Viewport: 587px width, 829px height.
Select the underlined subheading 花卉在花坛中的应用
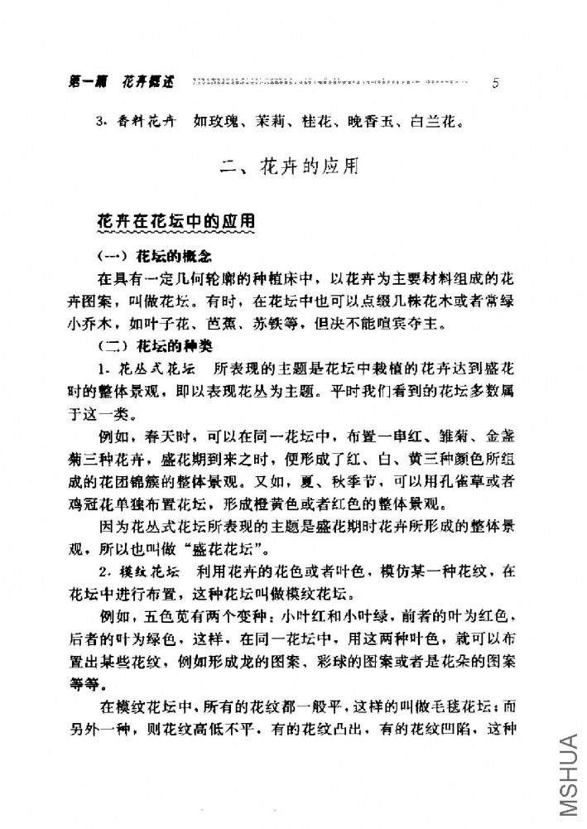[176, 224]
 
